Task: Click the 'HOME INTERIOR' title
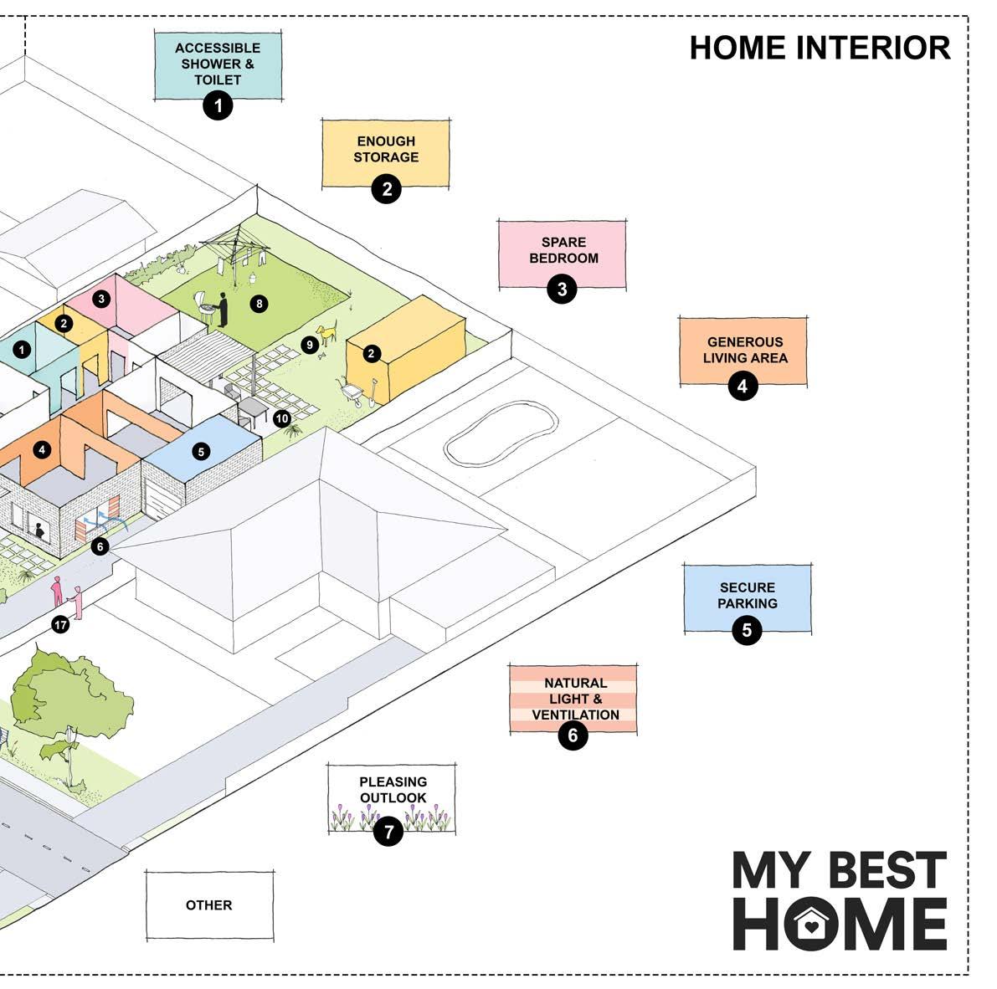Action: [820, 48]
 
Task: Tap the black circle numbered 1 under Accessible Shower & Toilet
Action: [218, 105]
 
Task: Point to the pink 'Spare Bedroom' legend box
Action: [563, 250]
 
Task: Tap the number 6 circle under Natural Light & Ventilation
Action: [573, 735]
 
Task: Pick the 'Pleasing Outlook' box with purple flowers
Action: [391, 798]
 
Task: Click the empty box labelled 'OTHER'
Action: [209, 905]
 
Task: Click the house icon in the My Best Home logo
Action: [810, 924]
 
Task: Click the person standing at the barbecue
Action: [223, 309]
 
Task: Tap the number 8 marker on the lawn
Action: [260, 304]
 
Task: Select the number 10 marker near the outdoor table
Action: [282, 418]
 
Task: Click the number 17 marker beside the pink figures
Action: [60, 624]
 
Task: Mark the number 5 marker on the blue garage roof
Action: [200, 452]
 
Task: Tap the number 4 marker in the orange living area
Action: [43, 450]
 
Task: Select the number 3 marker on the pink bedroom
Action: [101, 298]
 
